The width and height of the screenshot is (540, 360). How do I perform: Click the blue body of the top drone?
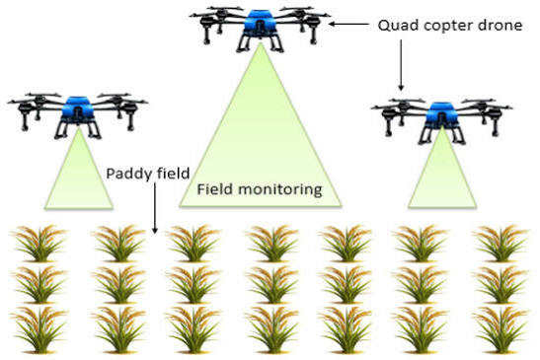coord(260,23)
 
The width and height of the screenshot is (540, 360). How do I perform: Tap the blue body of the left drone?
coord(78,109)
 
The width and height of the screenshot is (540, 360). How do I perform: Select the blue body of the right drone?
coord(442,114)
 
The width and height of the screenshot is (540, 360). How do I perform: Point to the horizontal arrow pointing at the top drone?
coord(348,24)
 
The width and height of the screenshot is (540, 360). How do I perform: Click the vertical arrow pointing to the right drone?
coord(401,65)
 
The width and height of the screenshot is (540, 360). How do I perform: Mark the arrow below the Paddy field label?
coord(155,208)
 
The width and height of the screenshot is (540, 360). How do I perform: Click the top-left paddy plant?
coord(39,244)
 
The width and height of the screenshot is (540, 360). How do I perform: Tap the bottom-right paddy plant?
coord(501,329)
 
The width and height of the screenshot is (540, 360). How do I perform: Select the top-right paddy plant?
coord(501,244)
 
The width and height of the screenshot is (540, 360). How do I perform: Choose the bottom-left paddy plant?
coord(39,329)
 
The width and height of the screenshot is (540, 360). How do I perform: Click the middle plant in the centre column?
coord(272,285)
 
